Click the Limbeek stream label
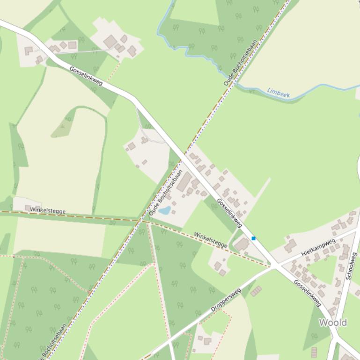click(x=279, y=94)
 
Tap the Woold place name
click(x=332, y=323)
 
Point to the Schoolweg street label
click(x=351, y=266)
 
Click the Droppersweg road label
click(x=226, y=300)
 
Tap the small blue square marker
click(x=254, y=238)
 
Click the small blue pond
click(x=164, y=211)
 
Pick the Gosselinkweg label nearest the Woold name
click(x=308, y=293)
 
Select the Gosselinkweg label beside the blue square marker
click(x=229, y=213)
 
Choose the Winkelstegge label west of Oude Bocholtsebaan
click(x=48, y=210)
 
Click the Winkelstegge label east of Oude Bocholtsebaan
click(x=211, y=240)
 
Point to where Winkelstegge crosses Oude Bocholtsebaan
click(x=142, y=220)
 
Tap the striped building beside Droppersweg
click(x=256, y=292)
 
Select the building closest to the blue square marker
click(x=242, y=244)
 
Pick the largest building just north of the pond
click(x=184, y=182)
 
